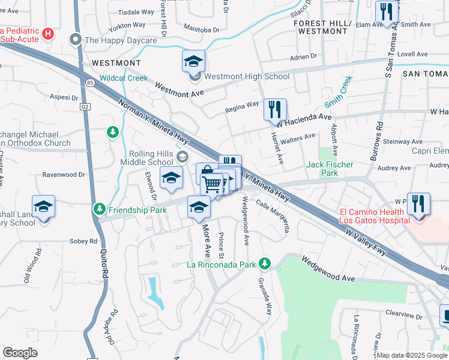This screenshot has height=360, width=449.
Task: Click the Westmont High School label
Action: pos(247,77)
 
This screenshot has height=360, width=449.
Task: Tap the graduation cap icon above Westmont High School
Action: pos(193,61)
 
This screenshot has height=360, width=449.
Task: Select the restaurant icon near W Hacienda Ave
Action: pos(275,109)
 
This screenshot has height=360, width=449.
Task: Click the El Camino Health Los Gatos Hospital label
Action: pos(375,215)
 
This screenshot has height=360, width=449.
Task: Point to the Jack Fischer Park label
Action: pos(330,169)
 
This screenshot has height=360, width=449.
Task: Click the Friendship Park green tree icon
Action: pos(100,209)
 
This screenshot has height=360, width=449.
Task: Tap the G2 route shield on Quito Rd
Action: pos(85,106)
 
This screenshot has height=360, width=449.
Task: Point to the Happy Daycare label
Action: pos(120,40)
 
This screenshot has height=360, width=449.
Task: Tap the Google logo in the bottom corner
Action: pos(20,353)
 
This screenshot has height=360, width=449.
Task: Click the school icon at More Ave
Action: pos(199,207)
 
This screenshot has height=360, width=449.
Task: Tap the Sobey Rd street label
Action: pos(85,241)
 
